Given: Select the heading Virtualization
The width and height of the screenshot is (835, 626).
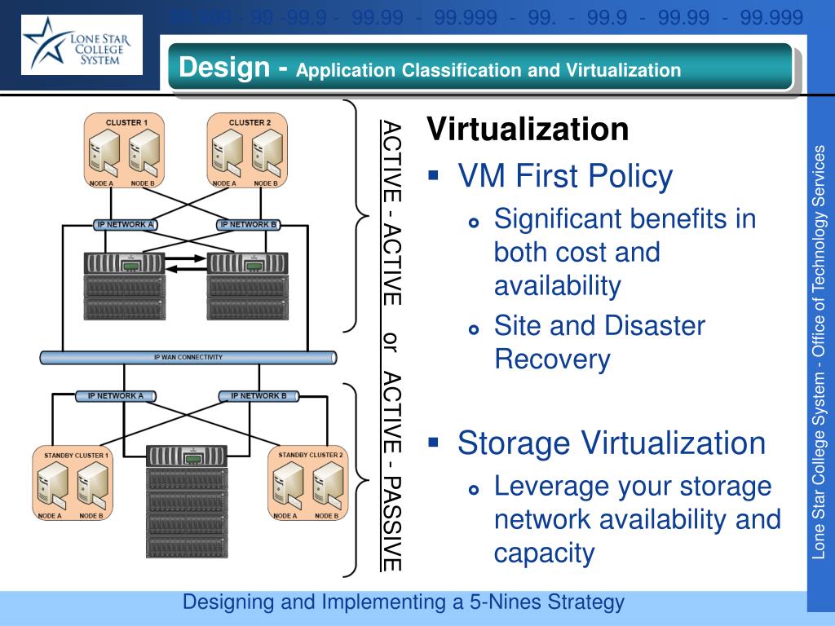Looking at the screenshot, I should point(528,129).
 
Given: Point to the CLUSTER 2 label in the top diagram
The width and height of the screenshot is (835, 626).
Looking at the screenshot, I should point(250,122).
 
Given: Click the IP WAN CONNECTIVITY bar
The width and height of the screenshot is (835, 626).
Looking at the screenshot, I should point(188,357).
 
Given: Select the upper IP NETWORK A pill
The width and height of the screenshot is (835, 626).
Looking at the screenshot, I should point(126,224).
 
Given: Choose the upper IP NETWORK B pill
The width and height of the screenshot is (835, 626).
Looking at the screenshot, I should point(249,224).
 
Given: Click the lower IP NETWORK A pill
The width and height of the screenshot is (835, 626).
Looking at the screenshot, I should point(115,396).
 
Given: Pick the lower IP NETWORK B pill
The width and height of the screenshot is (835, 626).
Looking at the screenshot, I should point(258,396).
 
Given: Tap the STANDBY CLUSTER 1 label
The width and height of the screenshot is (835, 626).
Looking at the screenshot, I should point(73,454).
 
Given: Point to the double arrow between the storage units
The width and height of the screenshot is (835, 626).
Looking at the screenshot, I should point(187,262).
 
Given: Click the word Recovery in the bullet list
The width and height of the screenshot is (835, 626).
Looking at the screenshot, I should point(552,359).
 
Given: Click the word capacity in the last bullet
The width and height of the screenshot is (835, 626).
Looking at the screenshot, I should point(544,553).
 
